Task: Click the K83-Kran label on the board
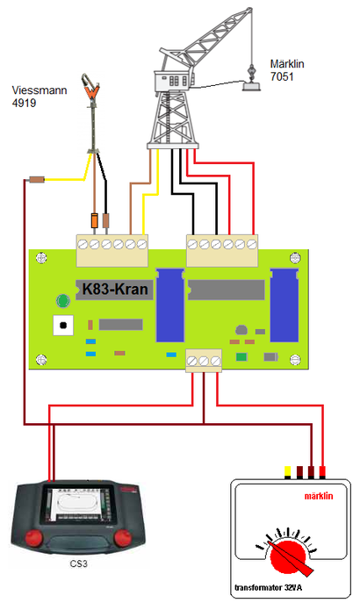115,289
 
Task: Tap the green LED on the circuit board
62,301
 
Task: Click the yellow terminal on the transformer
288,471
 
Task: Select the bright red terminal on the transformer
322,471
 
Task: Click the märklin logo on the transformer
319,496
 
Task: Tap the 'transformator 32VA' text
268,587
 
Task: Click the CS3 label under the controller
79,563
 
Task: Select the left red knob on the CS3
34,538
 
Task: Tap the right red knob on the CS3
123,538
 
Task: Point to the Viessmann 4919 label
40,97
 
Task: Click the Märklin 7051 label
287,70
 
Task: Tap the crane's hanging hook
252,72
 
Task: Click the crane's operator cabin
174,81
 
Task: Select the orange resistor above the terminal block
94,220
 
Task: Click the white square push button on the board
63,326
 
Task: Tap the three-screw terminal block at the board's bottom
204,361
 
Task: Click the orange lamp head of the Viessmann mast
91,87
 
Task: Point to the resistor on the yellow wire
37,179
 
